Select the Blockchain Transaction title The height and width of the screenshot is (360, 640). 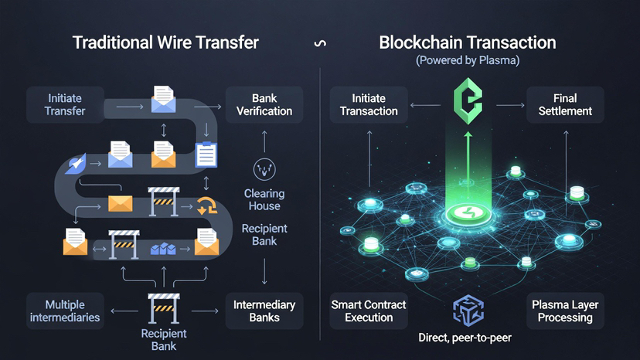(x=467, y=42)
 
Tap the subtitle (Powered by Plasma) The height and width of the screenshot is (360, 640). (x=467, y=60)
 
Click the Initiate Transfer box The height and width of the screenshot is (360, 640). (x=64, y=105)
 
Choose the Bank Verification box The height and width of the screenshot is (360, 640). (x=264, y=105)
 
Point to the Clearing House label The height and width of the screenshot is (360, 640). (x=264, y=199)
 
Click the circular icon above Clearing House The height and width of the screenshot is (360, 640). (x=264, y=169)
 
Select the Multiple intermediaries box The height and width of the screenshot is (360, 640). (x=64, y=311)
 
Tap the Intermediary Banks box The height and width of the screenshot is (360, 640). (x=264, y=311)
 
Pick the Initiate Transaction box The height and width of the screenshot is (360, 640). (x=369, y=105)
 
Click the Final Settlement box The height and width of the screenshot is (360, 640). (x=565, y=105)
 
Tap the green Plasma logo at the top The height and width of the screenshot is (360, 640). (x=468, y=107)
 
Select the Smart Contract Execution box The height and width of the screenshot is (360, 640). (x=369, y=311)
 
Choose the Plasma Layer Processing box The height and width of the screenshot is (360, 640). (x=565, y=311)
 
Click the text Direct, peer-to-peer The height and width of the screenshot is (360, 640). (x=465, y=338)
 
